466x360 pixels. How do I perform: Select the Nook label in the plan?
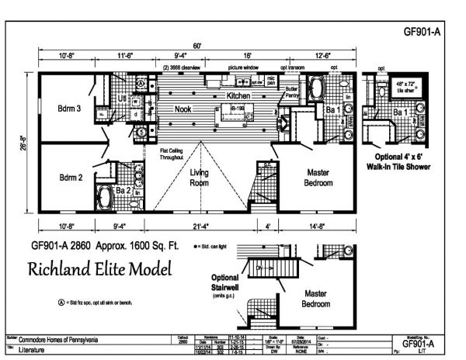[183, 110]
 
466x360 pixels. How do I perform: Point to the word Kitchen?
[240, 96]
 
